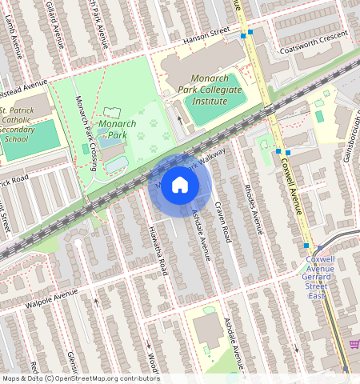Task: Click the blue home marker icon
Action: click(180, 186)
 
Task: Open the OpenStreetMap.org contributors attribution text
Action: click(104, 378)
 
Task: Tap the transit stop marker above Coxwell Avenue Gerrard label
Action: click(306, 246)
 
